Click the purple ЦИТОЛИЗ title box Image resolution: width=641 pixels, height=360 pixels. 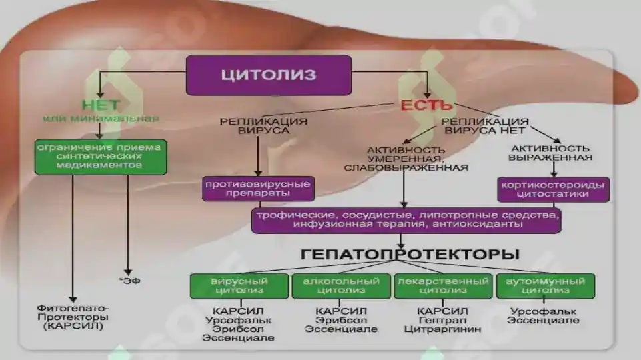pyautogui.click(x=269, y=75)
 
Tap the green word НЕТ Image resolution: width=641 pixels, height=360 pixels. pyautogui.click(x=101, y=105)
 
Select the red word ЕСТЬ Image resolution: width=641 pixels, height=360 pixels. pyautogui.click(x=426, y=105)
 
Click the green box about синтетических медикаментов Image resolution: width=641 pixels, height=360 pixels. pyautogui.click(x=101, y=157)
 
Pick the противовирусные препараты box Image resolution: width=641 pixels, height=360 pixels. pyautogui.click(x=258, y=189)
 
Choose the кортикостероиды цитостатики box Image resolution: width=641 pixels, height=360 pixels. pyautogui.click(x=553, y=189)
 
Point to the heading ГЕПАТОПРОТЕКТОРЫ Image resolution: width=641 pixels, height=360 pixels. pyautogui.click(x=410, y=254)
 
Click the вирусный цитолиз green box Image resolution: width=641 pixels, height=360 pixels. pyautogui.click(x=239, y=285)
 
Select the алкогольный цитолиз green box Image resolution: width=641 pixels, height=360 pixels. pyautogui.click(x=341, y=285)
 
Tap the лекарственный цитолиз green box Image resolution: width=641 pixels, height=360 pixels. pyautogui.click(x=443, y=285)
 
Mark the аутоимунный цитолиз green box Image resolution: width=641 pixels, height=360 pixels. pyautogui.click(x=546, y=285)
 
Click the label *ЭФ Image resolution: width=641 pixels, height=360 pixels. pyautogui.click(x=129, y=281)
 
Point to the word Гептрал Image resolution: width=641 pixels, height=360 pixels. pyautogui.click(x=443, y=321)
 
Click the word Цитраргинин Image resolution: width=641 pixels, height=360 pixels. pyautogui.click(x=442, y=329)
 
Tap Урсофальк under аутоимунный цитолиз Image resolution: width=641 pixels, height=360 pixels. pyautogui.click(x=544, y=312)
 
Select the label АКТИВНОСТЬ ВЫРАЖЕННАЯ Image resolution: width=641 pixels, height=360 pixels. pyautogui.click(x=550, y=153)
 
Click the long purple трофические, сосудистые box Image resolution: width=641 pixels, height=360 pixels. pyautogui.click(x=406, y=221)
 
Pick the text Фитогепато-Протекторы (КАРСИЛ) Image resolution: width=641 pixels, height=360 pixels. pyautogui.click(x=73, y=317)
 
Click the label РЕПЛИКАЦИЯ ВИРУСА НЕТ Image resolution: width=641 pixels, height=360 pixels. pyautogui.click(x=485, y=126)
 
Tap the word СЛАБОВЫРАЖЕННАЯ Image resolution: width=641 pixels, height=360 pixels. pyautogui.click(x=406, y=168)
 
